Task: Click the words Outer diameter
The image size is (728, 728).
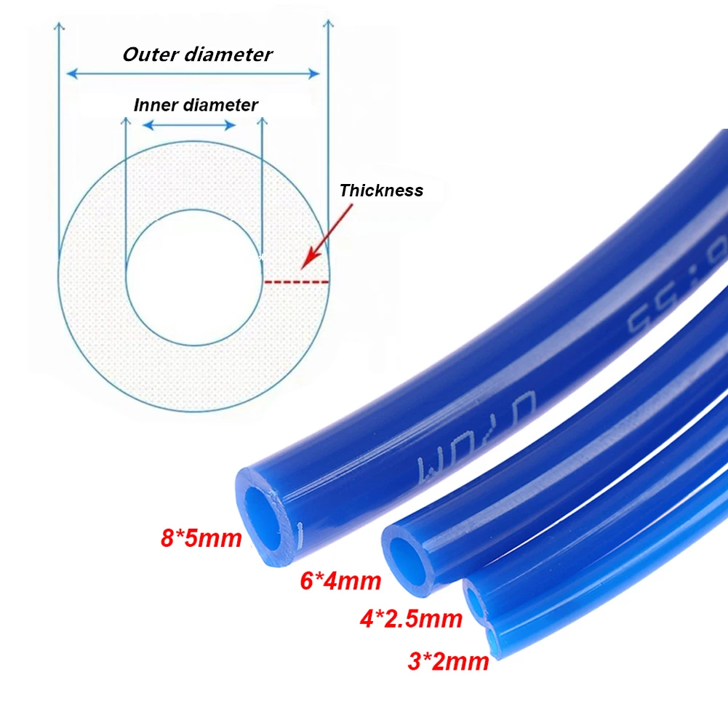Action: (x=197, y=55)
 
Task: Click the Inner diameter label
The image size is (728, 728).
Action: (x=196, y=105)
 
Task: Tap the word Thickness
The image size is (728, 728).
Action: (x=381, y=191)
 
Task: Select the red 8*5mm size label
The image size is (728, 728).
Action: (x=201, y=539)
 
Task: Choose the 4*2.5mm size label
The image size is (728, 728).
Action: (x=411, y=619)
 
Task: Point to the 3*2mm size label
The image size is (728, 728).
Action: (x=448, y=661)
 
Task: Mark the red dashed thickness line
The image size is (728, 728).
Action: (x=297, y=281)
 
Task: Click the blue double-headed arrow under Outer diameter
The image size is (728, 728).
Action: (x=193, y=73)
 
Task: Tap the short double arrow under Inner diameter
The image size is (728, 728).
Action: (x=189, y=125)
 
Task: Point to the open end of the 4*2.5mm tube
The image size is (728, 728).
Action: (x=473, y=601)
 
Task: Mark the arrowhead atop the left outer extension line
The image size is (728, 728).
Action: (x=59, y=26)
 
